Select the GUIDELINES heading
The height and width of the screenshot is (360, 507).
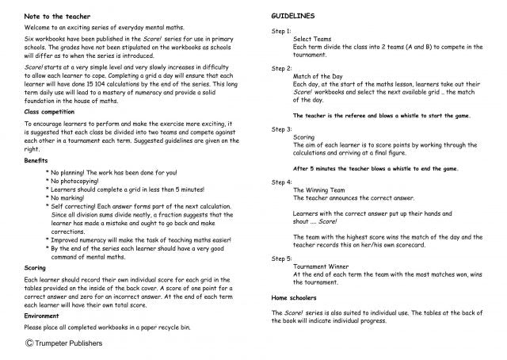click(x=293, y=16)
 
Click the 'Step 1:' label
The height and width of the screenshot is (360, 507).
click(x=281, y=30)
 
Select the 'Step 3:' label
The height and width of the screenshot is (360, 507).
click(x=281, y=128)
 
